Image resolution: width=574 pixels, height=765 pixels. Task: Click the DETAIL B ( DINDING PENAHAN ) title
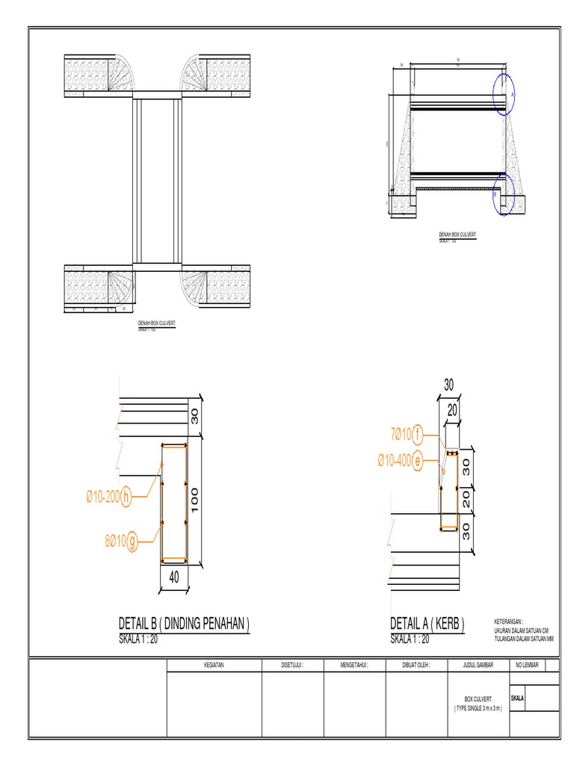click(x=184, y=624)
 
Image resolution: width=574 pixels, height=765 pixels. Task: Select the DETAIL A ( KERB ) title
click(x=428, y=624)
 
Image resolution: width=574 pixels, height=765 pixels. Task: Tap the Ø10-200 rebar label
click(x=102, y=495)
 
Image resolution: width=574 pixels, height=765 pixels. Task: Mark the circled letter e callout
click(x=417, y=462)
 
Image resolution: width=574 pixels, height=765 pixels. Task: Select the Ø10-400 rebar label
click(x=393, y=462)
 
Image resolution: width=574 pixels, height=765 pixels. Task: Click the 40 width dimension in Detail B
click(x=173, y=577)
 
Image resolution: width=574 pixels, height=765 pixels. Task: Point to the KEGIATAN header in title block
click(x=213, y=665)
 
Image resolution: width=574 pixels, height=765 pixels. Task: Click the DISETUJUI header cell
click(x=292, y=665)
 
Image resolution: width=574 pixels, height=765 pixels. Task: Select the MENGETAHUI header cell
click(x=354, y=665)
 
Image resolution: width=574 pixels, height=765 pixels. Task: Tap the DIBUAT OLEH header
click(x=416, y=665)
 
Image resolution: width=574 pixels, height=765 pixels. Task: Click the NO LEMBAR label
click(x=526, y=665)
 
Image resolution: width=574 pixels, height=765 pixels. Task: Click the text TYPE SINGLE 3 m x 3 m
click(x=478, y=707)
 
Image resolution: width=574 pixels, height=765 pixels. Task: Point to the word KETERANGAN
click(x=509, y=622)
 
